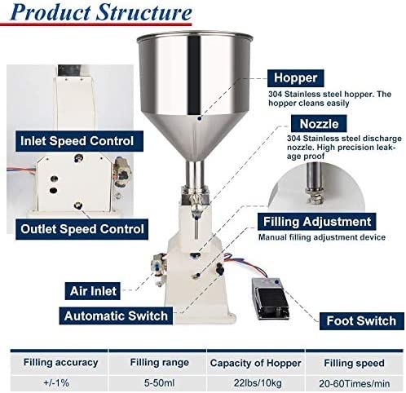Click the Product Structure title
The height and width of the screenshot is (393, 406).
(104, 14)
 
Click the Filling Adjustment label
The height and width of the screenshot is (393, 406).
(316, 222)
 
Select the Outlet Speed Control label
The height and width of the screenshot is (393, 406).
(83, 229)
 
